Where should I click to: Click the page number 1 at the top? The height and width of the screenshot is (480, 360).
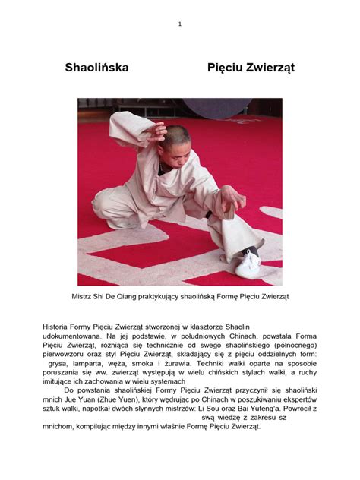click(x=180, y=24)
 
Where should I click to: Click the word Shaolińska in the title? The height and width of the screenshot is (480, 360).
click(x=96, y=68)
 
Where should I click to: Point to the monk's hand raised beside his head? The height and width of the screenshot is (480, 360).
click(x=156, y=133)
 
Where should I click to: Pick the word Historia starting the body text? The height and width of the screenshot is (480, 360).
click(x=56, y=327)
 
